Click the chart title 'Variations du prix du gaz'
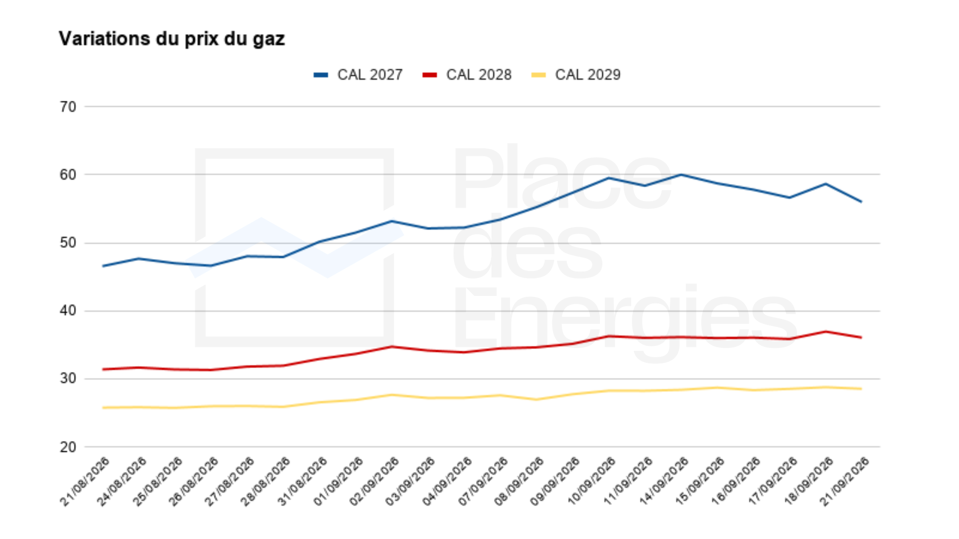click(172, 39)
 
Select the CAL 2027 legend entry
click(358, 75)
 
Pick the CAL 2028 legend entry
click(467, 75)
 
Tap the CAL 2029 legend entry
click(575, 75)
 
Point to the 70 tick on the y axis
click(68, 107)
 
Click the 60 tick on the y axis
click(68, 175)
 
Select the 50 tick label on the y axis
click(68, 243)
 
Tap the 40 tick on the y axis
click(68, 311)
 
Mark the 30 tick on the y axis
click(68, 379)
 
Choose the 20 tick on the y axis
click(68, 447)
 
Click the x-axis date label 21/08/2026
click(84, 482)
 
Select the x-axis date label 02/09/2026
click(374, 482)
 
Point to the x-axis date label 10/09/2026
click(591, 482)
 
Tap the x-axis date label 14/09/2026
click(663, 482)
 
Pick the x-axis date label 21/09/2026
click(844, 482)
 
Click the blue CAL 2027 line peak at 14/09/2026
click(681, 175)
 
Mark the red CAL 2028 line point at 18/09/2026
click(826, 331)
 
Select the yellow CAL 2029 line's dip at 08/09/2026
click(536, 399)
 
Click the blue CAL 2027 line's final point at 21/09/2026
click(861, 202)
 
